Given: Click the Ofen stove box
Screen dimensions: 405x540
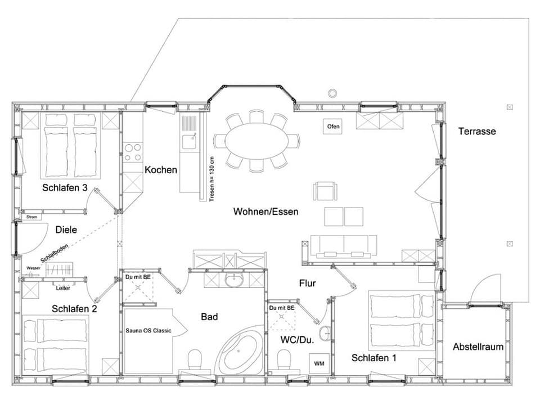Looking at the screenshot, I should point(333,127).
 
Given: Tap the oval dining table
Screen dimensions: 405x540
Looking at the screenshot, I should point(257,141).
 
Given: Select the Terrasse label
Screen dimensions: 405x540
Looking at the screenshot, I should point(476,131).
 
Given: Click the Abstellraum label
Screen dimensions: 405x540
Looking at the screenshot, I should point(478,346).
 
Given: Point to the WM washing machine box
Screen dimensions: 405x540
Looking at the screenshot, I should point(319,363).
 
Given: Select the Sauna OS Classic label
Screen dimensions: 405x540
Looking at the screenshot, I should point(148,330).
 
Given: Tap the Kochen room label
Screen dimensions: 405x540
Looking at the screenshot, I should point(160,169).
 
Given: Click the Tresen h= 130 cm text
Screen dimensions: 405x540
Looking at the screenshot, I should point(211,177).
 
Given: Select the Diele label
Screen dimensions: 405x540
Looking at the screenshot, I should point(66,229).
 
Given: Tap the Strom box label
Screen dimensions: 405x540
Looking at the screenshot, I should point(31,217).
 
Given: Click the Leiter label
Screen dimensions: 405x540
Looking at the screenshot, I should point(63,287).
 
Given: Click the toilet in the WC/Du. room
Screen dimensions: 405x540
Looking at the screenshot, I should point(284,359).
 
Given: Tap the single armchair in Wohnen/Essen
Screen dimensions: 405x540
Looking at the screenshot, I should point(325,191).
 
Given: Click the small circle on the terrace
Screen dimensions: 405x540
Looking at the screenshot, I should point(332,93).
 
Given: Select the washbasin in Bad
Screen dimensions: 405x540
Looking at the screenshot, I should point(232,280).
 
